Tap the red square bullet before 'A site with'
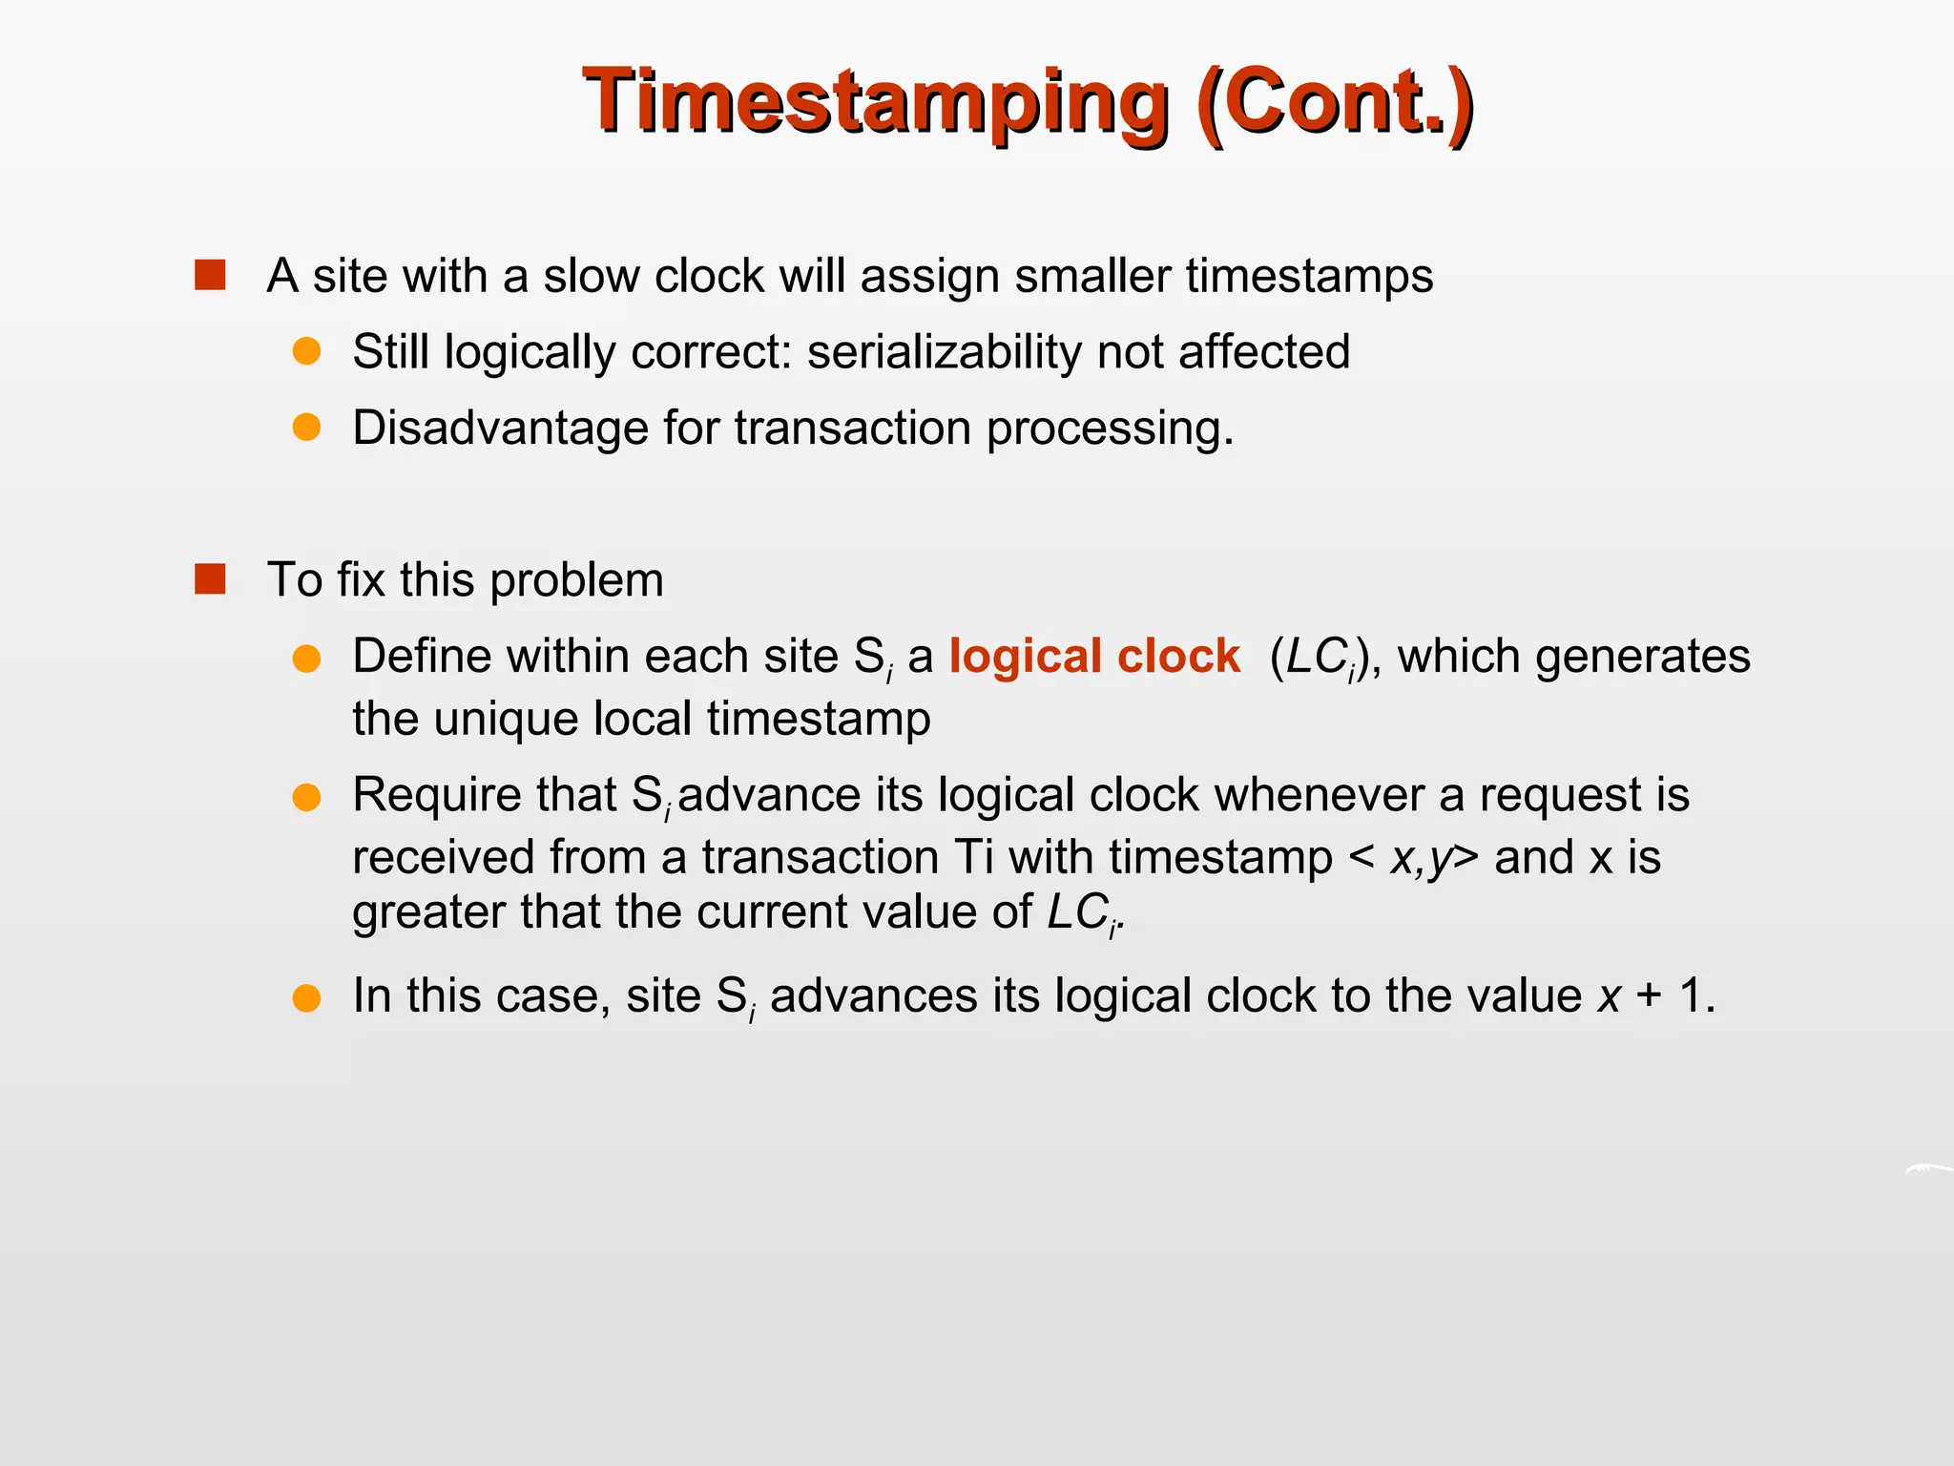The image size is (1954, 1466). [x=210, y=275]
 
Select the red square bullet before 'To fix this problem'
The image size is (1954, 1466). [x=210, y=579]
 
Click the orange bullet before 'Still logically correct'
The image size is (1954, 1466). [x=306, y=351]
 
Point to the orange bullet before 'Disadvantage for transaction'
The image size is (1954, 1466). [x=306, y=427]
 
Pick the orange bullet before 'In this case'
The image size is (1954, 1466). [x=306, y=997]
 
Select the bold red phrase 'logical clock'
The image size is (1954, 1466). [x=1094, y=656]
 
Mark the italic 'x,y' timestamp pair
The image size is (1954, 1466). [x=1422, y=857]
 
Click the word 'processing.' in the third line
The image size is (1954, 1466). [x=1110, y=427]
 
